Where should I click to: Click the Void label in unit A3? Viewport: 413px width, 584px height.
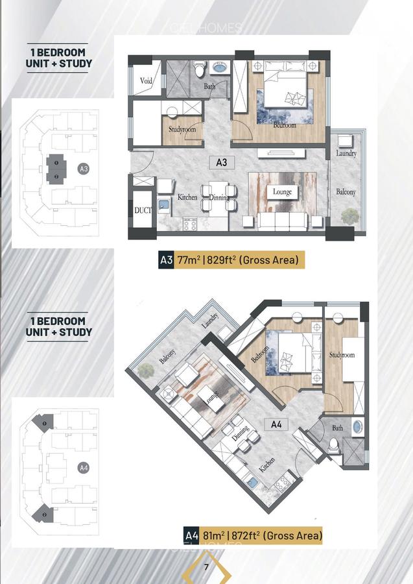[146, 81]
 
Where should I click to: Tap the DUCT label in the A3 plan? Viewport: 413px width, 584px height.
[142, 210]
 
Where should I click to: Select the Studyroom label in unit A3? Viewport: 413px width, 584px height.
[182, 130]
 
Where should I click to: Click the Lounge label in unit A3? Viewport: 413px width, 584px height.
[282, 192]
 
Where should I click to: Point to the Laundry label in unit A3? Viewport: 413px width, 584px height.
[346, 154]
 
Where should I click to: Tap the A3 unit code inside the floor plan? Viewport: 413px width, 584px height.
[222, 163]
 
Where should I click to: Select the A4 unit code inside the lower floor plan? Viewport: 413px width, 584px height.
[277, 426]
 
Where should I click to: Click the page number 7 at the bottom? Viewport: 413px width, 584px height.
[206, 568]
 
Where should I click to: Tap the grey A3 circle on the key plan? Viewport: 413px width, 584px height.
[83, 169]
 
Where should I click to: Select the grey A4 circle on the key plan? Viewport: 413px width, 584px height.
[83, 467]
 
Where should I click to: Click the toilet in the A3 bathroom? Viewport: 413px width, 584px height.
[200, 66]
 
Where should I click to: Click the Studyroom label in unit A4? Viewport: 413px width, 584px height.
[342, 355]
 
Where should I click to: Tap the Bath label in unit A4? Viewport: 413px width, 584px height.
[338, 428]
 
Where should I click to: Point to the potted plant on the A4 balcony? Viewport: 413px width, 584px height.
[146, 371]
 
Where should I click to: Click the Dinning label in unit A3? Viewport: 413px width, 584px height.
[219, 197]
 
